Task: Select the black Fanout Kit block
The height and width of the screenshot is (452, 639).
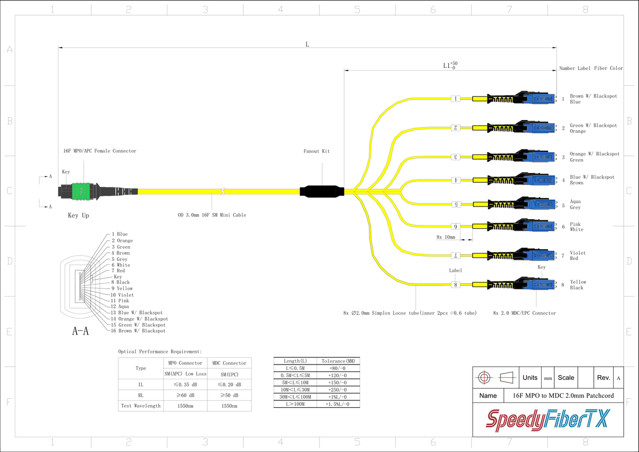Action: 321,191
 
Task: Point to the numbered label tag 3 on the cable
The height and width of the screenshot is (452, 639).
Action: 456,157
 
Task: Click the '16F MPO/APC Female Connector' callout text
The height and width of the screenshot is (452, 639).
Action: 100,151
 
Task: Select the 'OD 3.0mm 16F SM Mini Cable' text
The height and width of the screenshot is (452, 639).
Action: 212,215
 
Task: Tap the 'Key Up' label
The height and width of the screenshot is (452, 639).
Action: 78,215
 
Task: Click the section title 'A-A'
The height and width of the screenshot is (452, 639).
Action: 80,331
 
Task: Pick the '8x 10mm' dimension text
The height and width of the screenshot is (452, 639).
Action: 445,237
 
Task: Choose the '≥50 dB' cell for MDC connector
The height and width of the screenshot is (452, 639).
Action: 229,395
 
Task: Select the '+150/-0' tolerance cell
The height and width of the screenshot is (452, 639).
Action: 337,382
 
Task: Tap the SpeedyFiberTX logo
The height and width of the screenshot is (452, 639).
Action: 547,419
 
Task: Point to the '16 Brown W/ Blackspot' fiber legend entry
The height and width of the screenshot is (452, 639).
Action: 138,331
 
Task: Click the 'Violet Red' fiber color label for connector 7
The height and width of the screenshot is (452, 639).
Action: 577,256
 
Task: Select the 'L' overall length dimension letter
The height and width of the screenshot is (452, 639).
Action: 307,44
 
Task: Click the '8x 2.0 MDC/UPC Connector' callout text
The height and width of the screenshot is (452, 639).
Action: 524,313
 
